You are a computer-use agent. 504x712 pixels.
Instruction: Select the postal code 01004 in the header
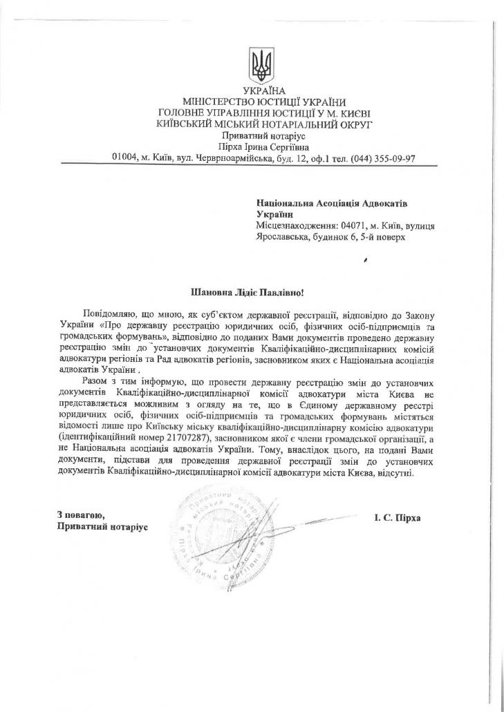[126, 157]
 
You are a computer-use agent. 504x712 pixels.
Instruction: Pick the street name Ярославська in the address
[282, 237]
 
